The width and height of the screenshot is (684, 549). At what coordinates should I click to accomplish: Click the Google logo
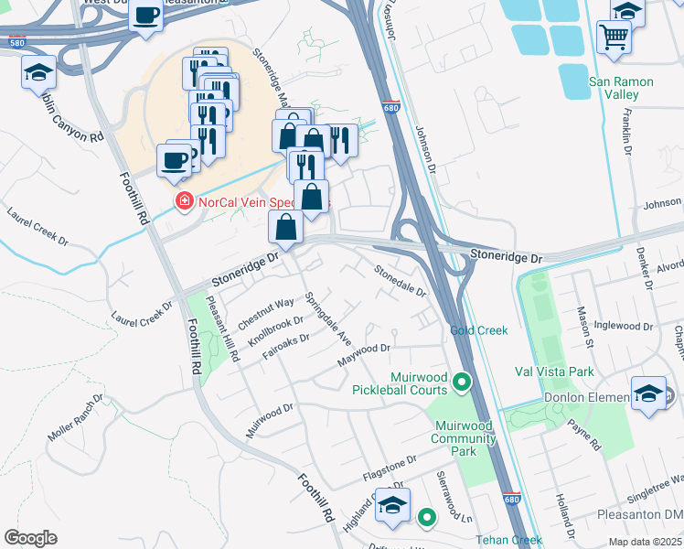[31, 538]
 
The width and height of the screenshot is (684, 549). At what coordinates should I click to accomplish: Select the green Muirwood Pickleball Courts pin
[463, 382]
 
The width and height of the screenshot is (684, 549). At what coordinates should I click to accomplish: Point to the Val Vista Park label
[554, 371]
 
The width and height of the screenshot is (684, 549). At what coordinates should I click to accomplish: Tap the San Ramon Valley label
[621, 88]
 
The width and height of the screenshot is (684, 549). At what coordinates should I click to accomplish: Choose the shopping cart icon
[614, 38]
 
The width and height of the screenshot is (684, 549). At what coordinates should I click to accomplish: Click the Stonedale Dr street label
[401, 279]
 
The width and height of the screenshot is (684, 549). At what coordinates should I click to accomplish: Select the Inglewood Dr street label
[622, 325]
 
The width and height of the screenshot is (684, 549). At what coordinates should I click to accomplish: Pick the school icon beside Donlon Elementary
[647, 395]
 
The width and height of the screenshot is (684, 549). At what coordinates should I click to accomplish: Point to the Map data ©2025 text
[646, 541]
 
